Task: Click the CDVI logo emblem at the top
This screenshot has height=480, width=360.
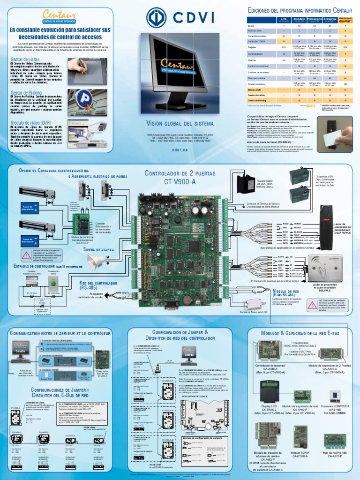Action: pos(157,18)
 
